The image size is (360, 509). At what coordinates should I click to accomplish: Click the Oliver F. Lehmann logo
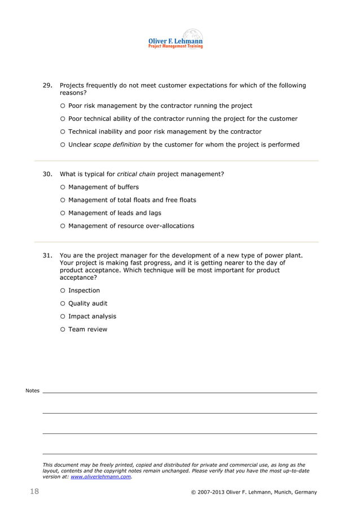(175, 40)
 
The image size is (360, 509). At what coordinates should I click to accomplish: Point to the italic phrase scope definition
(117, 145)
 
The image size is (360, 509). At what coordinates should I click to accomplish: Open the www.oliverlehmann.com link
(101, 477)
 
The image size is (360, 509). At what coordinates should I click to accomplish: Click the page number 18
(34, 492)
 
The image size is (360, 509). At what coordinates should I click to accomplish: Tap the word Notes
(33, 390)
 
